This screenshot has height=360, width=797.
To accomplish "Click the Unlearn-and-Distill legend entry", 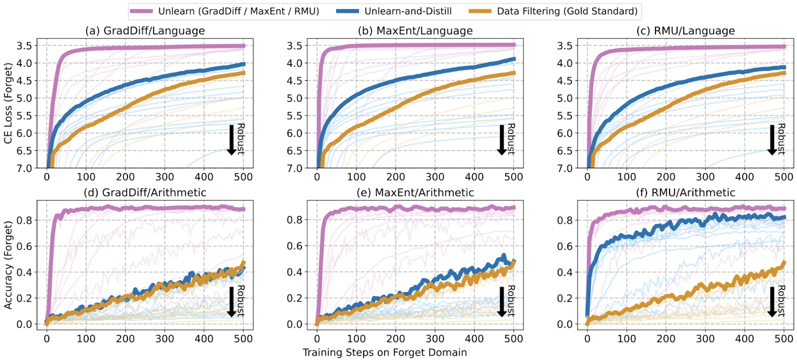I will click(x=408, y=11).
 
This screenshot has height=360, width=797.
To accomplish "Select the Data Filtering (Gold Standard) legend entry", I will click(x=567, y=11).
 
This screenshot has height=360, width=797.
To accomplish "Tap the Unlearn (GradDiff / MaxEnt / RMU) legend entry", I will click(x=239, y=11).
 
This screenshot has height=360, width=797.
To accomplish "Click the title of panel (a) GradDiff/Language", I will click(x=145, y=31).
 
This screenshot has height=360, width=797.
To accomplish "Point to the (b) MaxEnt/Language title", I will click(x=415, y=31).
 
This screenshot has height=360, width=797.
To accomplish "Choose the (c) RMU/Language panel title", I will click(x=685, y=31).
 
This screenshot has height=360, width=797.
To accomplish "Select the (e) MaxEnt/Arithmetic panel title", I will click(x=415, y=193).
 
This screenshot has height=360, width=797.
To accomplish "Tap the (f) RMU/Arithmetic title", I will click(x=685, y=193).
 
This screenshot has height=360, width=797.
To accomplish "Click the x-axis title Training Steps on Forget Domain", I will click(x=385, y=353).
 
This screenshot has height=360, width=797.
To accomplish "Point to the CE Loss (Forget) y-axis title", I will click(x=8, y=103).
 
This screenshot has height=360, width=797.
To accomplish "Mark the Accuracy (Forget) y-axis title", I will click(x=8, y=265).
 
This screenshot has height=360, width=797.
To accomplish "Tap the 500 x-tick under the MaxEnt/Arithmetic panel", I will click(x=514, y=339).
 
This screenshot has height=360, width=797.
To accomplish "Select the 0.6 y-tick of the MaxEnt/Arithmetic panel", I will click(x=295, y=246).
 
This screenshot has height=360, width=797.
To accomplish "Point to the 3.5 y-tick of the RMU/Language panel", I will click(x=565, y=46).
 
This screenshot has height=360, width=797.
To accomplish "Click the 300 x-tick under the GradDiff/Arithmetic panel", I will click(x=164, y=339).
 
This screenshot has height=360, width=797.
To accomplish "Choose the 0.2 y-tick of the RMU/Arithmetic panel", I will click(x=565, y=298).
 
